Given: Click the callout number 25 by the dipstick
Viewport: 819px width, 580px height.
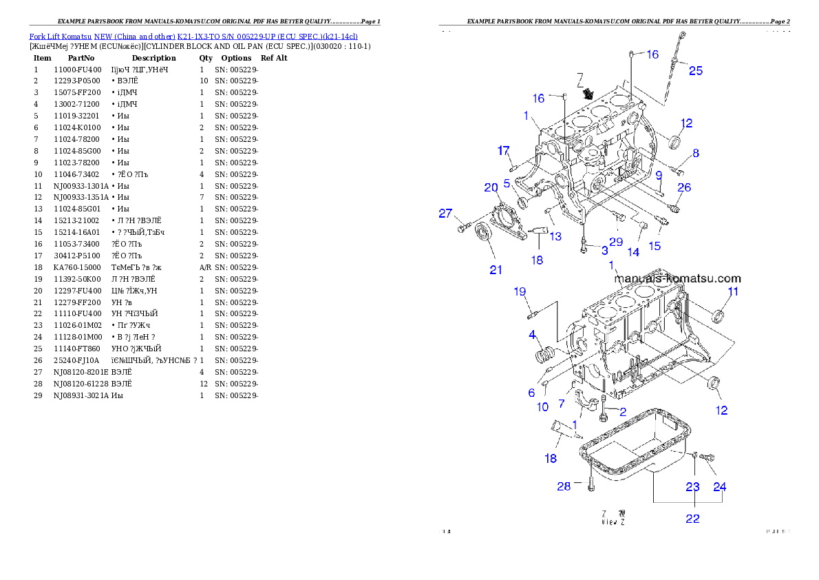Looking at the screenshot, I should pos(696,70).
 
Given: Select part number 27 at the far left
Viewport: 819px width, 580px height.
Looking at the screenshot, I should pos(446,214).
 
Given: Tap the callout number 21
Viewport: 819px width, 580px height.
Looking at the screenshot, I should pos(496,269).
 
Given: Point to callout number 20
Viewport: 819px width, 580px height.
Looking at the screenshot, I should pos(491,187).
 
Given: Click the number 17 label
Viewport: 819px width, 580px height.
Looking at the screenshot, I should pos(504,150).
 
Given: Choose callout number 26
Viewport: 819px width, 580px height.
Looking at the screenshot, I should pos(683,187).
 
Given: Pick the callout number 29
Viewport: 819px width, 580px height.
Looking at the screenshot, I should pos(615,242).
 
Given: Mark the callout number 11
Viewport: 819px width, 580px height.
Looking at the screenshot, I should pos(733,291).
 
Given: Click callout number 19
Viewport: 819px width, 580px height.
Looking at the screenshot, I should pos(520,291).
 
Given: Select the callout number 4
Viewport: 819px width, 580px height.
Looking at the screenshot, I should pos(532,335).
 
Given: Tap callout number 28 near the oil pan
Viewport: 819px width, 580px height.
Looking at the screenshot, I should pos(564,486).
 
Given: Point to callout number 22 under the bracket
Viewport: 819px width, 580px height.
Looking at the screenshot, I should pos(692,519).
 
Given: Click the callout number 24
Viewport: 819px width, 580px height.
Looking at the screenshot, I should pos(719,486).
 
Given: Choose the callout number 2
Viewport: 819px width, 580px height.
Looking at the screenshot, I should pos(623,412).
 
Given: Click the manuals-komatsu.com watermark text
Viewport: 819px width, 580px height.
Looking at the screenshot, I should pos(677,279).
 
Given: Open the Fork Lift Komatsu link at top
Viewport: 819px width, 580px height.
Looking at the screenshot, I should pos(193,36).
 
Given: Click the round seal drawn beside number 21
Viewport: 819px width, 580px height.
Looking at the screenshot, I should pos(484,233).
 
